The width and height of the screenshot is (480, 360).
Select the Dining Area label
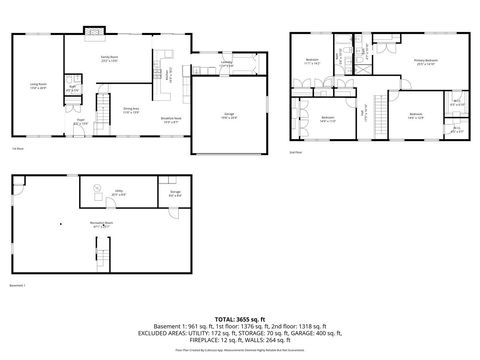click(x=131, y=111)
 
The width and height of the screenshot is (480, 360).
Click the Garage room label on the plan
click(x=228, y=117)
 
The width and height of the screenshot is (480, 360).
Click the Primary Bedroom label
click(x=428, y=62)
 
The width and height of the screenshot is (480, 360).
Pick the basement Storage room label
click(x=175, y=194)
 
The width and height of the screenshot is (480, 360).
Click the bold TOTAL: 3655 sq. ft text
click(x=240, y=316)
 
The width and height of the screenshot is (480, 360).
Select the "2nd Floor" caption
click(x=296, y=153)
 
